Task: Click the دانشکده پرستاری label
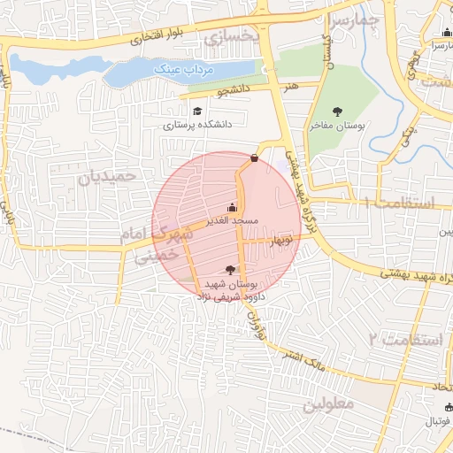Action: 196,126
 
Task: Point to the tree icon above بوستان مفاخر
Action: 336,111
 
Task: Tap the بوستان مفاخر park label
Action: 336,126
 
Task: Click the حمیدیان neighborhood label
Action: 108,176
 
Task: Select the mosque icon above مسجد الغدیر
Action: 232,206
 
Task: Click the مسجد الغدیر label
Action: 232,219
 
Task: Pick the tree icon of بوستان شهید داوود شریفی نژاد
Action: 230,270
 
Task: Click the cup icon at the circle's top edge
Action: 255,158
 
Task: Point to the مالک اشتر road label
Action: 301,359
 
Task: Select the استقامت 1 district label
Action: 400,203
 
